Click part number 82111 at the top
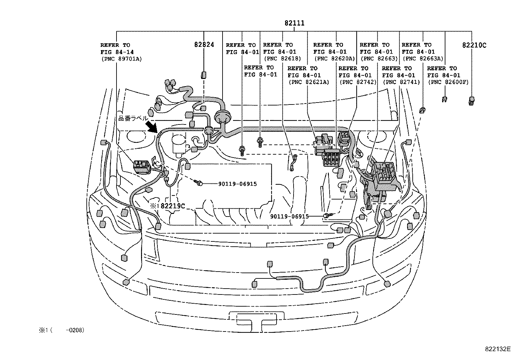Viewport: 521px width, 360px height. pyautogui.click(x=295, y=23)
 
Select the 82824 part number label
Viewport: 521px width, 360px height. pyautogui.click(x=204, y=45)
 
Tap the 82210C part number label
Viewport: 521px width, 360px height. pyautogui.click(x=474, y=45)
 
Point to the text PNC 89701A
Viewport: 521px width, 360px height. pyautogui.click(x=122, y=59)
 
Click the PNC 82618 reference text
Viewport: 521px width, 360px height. pyautogui.click(x=282, y=59)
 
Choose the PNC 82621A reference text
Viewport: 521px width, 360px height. pyautogui.click(x=309, y=82)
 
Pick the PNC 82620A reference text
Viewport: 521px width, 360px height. pyautogui.click(x=334, y=59)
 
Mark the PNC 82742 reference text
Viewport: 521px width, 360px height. pyautogui.click(x=358, y=82)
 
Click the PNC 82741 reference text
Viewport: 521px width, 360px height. pyautogui.click(x=401, y=82)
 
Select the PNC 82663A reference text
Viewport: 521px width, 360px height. pyautogui.click(x=423, y=59)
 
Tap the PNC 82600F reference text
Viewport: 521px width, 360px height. pyautogui.click(x=448, y=82)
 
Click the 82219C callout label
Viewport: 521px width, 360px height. pyautogui.click(x=172, y=206)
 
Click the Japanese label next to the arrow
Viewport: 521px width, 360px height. pyautogui.click(x=133, y=118)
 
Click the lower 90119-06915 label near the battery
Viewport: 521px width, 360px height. pyautogui.click(x=289, y=217)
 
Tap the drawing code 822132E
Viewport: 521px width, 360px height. pyautogui.click(x=498, y=349)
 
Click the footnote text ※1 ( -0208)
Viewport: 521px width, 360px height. pyautogui.click(x=62, y=330)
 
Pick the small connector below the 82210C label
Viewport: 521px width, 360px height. pyautogui.click(x=472, y=101)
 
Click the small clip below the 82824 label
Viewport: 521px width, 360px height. pyautogui.click(x=203, y=75)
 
